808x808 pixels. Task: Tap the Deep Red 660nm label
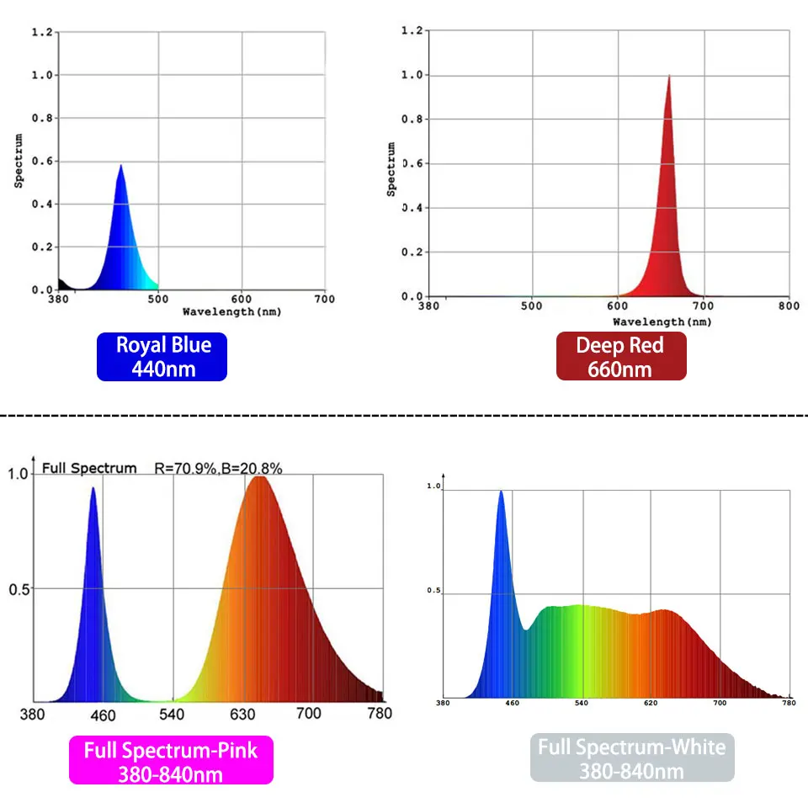[x=620, y=356]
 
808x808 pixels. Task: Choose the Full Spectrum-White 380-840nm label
[x=631, y=757]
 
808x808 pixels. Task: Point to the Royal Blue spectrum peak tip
[x=121, y=166]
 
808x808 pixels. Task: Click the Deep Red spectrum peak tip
[x=669, y=77]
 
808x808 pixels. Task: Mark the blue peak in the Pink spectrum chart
[x=93, y=488]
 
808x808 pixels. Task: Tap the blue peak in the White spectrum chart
[x=502, y=492]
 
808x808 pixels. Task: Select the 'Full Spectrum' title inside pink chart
[x=88, y=468]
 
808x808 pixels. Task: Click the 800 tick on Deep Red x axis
[x=789, y=306]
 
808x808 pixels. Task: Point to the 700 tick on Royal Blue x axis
[x=325, y=299]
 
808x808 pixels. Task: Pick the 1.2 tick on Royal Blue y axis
[x=44, y=32]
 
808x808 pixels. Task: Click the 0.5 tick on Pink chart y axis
[x=19, y=589]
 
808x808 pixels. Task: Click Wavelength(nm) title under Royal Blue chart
[x=231, y=311]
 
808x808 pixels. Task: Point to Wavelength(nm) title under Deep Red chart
[x=662, y=322]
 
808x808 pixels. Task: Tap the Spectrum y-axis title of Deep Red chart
[x=391, y=168]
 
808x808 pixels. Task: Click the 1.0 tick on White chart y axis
[x=434, y=486]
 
